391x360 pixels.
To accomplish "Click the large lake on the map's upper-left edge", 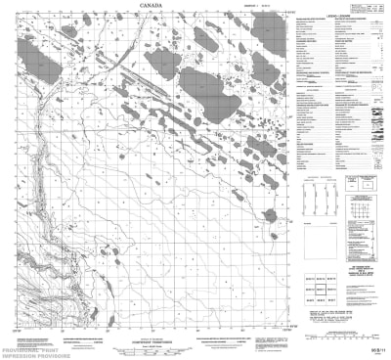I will (32, 48).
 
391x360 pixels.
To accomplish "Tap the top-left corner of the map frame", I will (21, 24).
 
